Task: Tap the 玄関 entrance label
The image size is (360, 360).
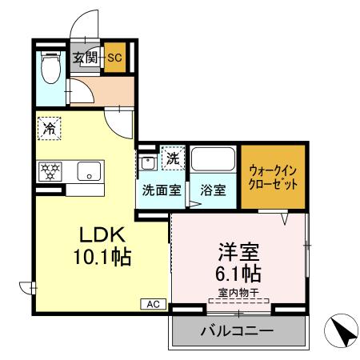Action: pos(85,58)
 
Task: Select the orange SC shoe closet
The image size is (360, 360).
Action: pos(114,58)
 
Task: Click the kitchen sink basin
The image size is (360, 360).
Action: pos(87,170)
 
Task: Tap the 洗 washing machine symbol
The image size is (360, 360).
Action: pos(172,158)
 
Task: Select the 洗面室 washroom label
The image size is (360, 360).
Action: pos(159,190)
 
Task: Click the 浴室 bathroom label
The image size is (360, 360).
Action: pos(213,190)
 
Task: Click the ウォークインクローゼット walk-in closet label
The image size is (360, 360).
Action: pos(274,176)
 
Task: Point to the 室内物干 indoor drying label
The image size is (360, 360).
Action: pos(239,294)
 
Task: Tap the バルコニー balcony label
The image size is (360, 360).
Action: pos(237,330)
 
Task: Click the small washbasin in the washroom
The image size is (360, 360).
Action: pos(148,163)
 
